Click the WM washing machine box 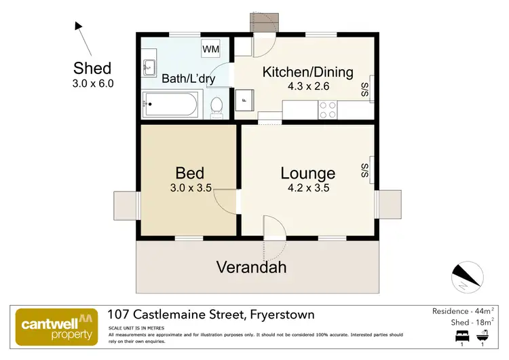click(210, 49)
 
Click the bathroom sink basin click(149, 67)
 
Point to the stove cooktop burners click(328, 109)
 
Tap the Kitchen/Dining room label click(308, 72)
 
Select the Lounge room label click(307, 173)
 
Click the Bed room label click(189, 173)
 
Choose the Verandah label click(251, 267)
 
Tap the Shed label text click(92, 68)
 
